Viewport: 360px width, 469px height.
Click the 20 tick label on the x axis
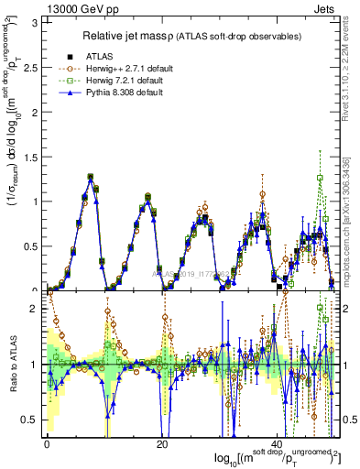162,444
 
